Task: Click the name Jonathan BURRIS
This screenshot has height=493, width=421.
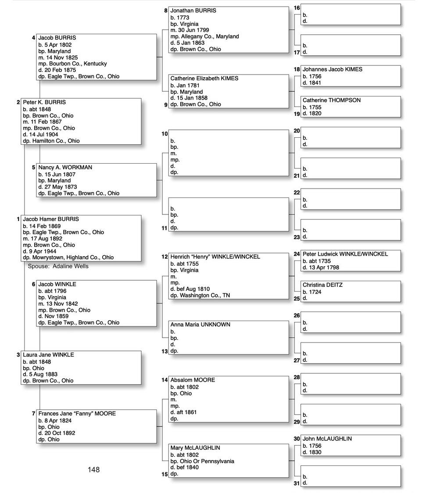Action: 193,11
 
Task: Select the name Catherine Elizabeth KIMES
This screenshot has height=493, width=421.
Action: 204,79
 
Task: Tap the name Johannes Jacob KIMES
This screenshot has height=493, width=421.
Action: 332,69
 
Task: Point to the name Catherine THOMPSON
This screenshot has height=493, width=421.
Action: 332,100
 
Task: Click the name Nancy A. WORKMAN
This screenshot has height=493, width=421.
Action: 65,168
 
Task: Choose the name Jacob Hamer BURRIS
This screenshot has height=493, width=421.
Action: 51,219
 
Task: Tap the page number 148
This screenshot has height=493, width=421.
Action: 93,470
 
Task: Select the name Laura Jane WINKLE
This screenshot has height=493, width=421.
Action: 48,355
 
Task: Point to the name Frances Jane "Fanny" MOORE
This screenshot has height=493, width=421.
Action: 77,414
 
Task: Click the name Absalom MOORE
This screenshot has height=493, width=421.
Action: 193,380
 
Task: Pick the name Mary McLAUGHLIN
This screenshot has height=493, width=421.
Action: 195,448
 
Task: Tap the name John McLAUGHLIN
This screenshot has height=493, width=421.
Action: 327,439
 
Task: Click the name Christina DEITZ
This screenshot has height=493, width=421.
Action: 322,285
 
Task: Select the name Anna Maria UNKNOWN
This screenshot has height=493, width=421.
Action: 200,325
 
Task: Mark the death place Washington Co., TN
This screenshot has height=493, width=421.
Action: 202,296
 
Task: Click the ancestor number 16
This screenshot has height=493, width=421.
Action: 297,8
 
